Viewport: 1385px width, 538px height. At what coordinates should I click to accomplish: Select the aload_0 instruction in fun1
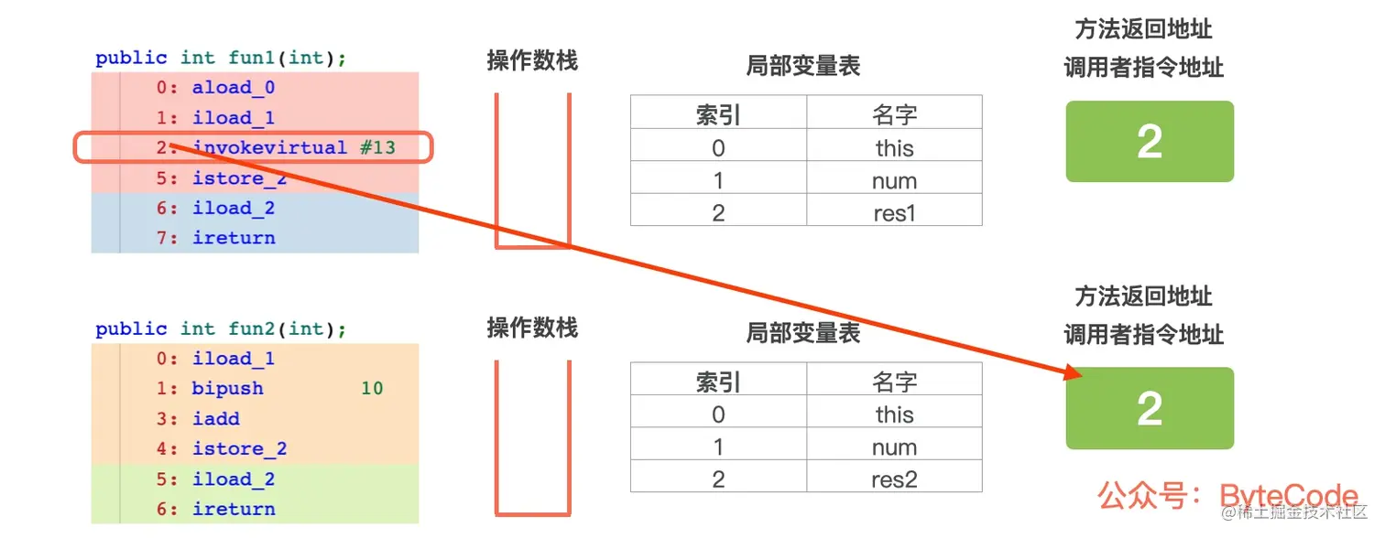[x=233, y=88]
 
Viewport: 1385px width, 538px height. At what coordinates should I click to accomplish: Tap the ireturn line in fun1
[x=233, y=238]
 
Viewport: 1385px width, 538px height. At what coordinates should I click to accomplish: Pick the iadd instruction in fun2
[x=216, y=418]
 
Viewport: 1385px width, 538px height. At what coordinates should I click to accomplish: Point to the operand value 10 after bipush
[x=371, y=388]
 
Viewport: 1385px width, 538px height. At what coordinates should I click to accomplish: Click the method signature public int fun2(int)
[x=221, y=329]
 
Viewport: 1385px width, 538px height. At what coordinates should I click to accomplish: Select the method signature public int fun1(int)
[x=221, y=59]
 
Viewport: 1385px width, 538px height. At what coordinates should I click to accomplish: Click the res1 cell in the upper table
[x=894, y=212]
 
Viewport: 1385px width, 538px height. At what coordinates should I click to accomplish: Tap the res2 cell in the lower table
[x=894, y=479]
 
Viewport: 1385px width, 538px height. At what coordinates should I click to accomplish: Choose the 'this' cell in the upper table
[x=894, y=147]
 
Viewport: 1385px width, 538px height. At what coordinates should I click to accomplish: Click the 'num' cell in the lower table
[x=894, y=447]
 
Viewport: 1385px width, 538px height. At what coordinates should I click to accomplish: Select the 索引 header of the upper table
[x=718, y=114]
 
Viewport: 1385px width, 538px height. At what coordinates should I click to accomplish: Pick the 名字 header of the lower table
[x=894, y=382]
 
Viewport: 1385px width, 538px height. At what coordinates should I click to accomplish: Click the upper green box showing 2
[x=1150, y=142]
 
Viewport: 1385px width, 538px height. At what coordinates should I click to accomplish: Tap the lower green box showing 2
[x=1150, y=409]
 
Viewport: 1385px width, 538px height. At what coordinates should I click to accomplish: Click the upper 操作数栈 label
[x=532, y=60]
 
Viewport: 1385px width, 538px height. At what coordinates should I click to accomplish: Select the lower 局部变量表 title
[x=803, y=333]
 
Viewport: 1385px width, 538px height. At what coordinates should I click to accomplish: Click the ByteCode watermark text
[x=1288, y=496]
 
